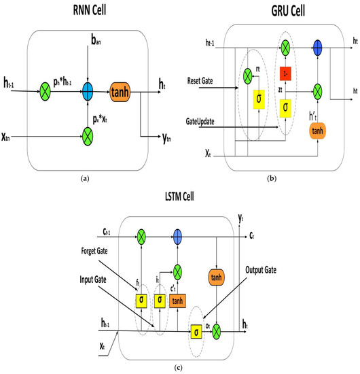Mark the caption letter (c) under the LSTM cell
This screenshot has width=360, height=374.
tap(180, 368)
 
